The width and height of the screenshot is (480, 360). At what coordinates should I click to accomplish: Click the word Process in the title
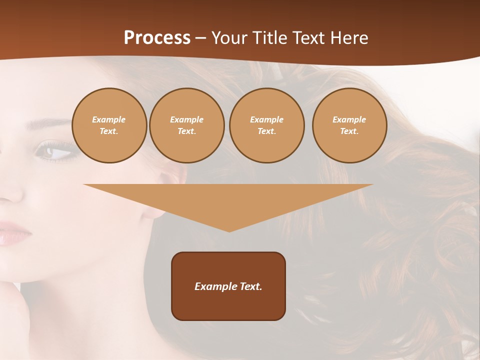(x=157, y=38)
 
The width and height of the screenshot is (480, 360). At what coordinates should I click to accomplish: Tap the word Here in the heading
(x=349, y=38)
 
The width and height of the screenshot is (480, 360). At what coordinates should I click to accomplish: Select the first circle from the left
(x=109, y=125)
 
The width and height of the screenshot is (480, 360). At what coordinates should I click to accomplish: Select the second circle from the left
(x=187, y=125)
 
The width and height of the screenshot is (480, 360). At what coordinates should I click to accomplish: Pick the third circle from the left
(x=267, y=125)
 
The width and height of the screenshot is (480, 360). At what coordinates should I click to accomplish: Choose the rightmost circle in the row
(x=349, y=125)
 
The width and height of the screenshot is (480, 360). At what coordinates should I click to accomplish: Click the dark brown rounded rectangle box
(x=228, y=286)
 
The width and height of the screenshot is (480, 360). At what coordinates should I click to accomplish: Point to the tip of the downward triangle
(x=229, y=231)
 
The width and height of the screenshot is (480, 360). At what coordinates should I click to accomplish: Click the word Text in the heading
(x=309, y=38)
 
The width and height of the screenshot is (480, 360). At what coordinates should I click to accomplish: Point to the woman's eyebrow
(x=52, y=123)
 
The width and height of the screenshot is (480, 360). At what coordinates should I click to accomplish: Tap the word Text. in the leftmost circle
(x=109, y=131)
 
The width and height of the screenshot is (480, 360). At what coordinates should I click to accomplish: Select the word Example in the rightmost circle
(x=349, y=119)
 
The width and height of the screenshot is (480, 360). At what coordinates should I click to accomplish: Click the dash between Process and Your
(x=200, y=38)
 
